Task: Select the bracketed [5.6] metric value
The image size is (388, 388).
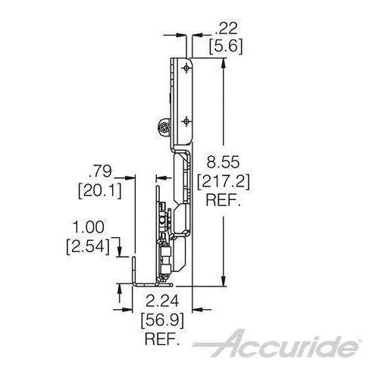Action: coord(225,46)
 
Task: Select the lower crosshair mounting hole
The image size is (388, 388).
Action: coord(186,120)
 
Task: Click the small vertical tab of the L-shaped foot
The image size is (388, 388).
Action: coord(134,268)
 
